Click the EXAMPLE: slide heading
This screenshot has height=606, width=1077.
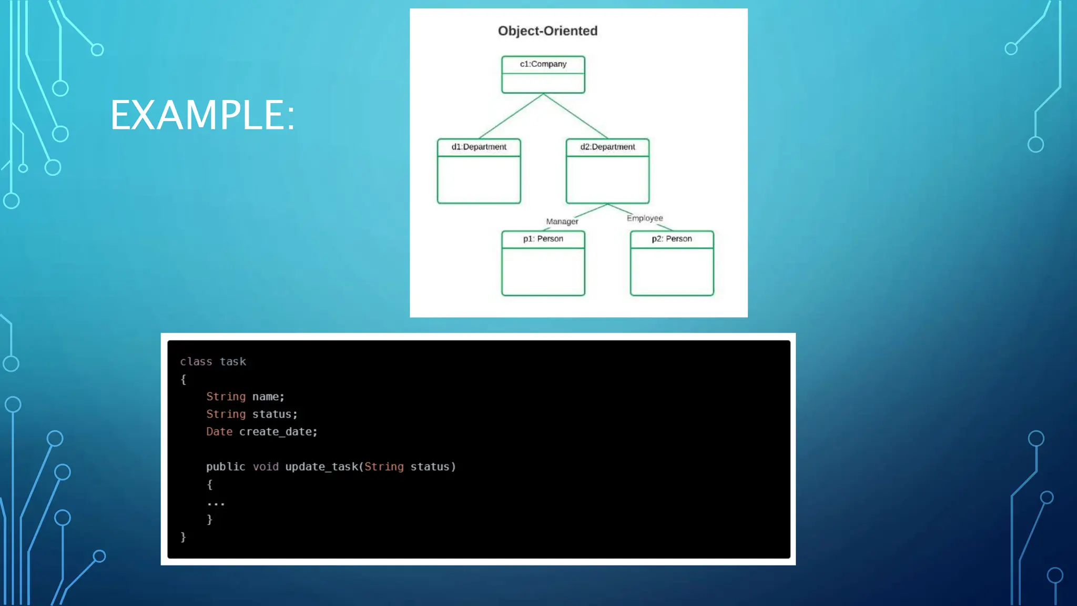[202, 115]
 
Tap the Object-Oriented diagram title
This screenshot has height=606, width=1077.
[547, 31]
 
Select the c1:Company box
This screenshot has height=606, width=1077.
[543, 74]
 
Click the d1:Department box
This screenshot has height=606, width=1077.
[479, 171]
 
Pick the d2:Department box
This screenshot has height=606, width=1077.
[607, 171]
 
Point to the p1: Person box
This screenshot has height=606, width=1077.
[543, 263]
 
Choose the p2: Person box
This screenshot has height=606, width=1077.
[672, 263]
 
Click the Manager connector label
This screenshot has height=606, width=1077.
[562, 221]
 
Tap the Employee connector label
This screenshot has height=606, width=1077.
[645, 218]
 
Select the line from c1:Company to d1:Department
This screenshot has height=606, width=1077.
[511, 116]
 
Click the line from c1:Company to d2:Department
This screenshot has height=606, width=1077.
[575, 116]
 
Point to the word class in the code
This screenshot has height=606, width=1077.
[196, 362]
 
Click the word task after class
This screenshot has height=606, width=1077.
[233, 362]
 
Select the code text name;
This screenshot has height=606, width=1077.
[268, 397]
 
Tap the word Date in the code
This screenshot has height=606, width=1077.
[219, 432]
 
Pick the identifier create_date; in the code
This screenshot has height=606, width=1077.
[278, 432]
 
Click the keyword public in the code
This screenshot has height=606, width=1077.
[226, 467]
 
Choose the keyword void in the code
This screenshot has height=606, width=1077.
[266, 467]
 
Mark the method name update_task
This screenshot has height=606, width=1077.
[321, 467]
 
